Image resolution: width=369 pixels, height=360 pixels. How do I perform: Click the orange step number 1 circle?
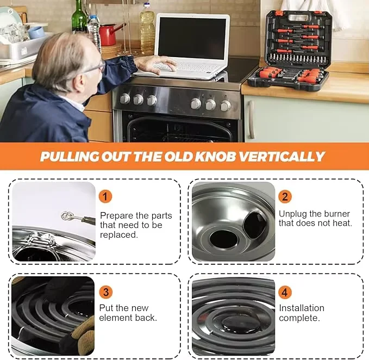[x=105, y=196]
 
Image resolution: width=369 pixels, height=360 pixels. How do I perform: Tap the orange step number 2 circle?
[x=285, y=196]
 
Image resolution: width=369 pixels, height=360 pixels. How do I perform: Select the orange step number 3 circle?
[x=105, y=292]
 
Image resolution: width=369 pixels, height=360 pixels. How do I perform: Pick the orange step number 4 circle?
[x=285, y=292]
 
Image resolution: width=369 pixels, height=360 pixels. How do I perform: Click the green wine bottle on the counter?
[x=80, y=18]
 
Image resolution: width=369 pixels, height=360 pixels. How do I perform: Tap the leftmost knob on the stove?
[x=125, y=99]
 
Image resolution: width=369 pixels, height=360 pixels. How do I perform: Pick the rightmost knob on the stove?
[x=225, y=105]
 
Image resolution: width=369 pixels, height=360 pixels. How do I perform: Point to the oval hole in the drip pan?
[x=254, y=224]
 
